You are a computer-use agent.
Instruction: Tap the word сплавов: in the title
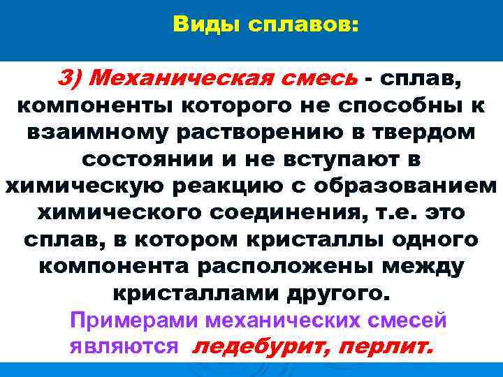pos(300,25)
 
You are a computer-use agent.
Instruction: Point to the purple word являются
pos(124,347)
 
